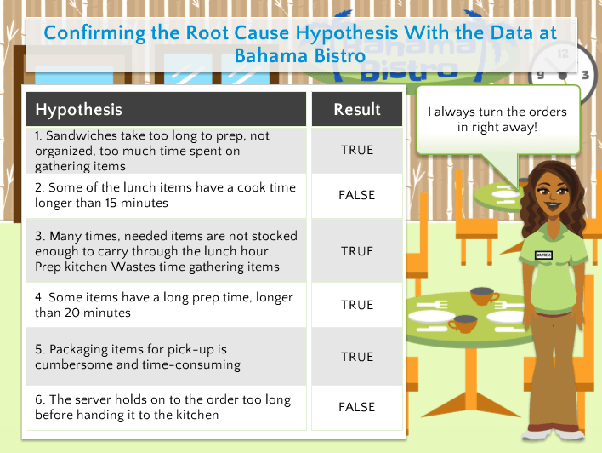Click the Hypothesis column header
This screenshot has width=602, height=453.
pos(79,110)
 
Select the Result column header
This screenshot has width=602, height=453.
pos(357,110)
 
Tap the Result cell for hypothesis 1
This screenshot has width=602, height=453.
pos(357,150)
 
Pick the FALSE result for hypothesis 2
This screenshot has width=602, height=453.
pos(356,195)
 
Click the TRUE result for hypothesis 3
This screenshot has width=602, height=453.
pos(357,251)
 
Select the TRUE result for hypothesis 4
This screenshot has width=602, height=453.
pos(357,305)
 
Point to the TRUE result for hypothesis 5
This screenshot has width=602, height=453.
pos(357,357)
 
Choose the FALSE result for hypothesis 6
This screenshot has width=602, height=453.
pos(356,407)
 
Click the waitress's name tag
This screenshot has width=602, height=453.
pos(543,255)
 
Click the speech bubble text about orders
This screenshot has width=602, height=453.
pos(497,119)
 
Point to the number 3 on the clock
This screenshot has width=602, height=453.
pos(585,75)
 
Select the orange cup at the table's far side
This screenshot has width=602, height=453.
pos(483,295)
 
